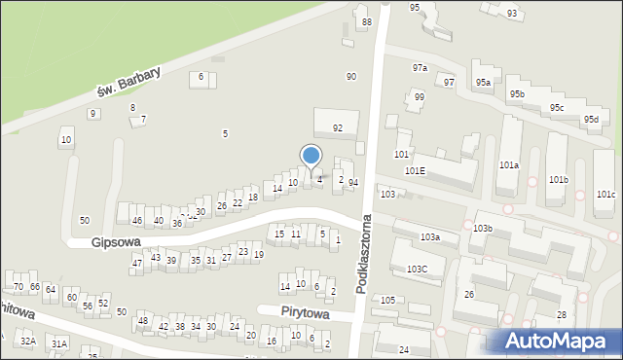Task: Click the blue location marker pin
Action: (311, 157)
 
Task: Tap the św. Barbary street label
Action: (128, 82)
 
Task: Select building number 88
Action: (366, 22)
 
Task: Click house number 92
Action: (338, 127)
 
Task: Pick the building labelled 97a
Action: (420, 68)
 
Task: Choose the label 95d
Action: (591, 119)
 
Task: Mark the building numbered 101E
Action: (416, 170)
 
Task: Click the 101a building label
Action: (509, 165)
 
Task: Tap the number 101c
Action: (605, 194)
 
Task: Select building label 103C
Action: (418, 269)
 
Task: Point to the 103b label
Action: (484, 228)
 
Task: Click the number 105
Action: (387, 300)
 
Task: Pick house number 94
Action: (353, 182)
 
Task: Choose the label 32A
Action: (27, 342)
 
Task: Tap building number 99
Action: (419, 97)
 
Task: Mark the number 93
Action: (512, 14)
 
